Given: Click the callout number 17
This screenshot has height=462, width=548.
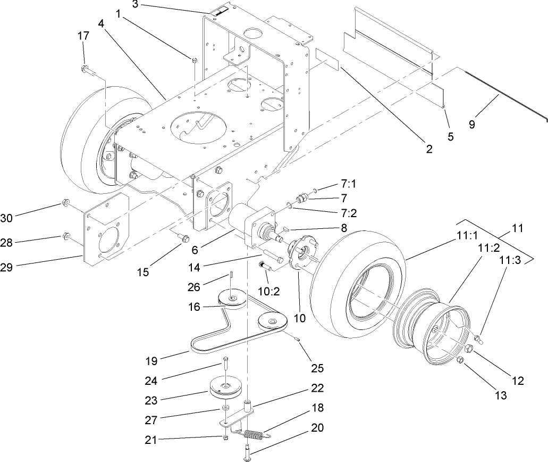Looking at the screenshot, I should coord(83,36).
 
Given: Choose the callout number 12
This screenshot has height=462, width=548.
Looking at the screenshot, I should coord(517,381).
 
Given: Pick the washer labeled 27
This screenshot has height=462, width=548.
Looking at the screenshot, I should coord(225,408).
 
